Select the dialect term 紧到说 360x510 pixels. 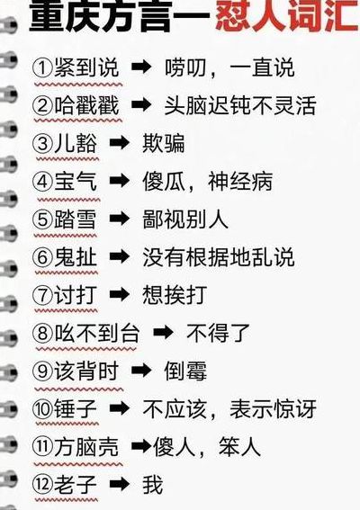point(86,68)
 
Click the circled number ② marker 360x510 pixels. point(42,106)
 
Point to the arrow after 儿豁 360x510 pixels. point(120,143)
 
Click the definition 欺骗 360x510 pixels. point(164,143)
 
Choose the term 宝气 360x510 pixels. point(76,181)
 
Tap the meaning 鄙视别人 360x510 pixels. point(185,219)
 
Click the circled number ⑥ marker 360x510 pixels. point(42,257)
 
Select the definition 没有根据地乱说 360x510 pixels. point(219,257)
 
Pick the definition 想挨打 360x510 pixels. point(175,295)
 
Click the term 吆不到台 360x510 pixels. point(97,333)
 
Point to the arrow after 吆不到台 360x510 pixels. point(163,333)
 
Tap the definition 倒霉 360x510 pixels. point(185,371)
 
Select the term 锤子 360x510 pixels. point(76,409)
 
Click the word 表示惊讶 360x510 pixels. point(273,409)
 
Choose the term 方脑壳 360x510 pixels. point(86,447)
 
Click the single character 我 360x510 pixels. point(153,485)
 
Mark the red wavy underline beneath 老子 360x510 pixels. point(66,500)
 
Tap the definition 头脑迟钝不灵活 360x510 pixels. point(240,106)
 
